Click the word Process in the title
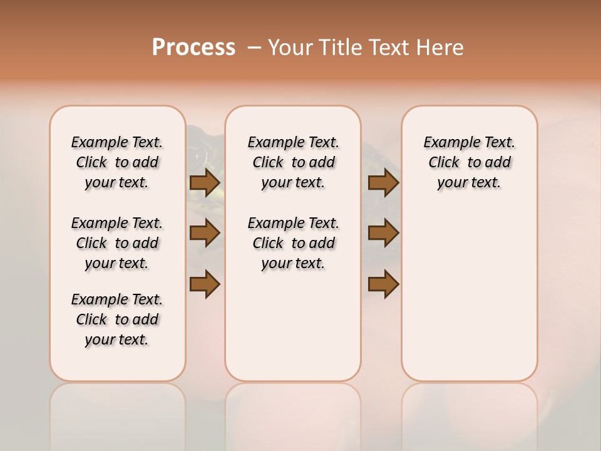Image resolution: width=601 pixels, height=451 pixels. tap(193, 48)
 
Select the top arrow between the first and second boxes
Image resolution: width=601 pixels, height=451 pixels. tap(205, 183)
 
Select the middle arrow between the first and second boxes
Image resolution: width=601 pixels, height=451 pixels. tap(205, 233)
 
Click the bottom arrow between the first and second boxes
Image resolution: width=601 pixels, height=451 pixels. tap(205, 284)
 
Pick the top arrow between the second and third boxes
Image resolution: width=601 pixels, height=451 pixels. tap(383, 183)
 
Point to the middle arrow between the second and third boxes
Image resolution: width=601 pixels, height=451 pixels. tap(383, 233)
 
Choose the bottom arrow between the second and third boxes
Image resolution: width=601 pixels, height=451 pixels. tap(383, 284)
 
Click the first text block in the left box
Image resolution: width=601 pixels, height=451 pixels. tap(117, 162)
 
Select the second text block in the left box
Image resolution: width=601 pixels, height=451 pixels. tap(117, 243)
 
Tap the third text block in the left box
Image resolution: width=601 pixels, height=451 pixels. tap(117, 319)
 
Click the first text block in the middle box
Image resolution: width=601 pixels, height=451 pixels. tap(293, 162)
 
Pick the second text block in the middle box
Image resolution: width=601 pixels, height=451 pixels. tap(293, 243)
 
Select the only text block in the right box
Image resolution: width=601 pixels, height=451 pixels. tap(469, 162)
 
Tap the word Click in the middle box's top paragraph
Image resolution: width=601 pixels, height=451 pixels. tap(268, 163)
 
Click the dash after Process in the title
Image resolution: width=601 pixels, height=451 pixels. tap(254, 48)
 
